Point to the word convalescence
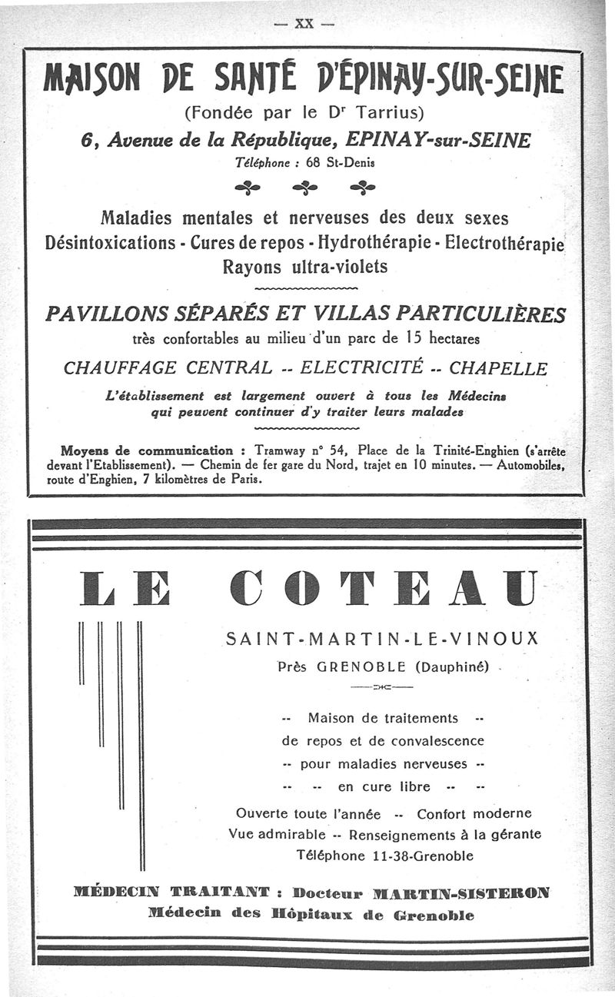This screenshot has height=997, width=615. pos(437,741)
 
